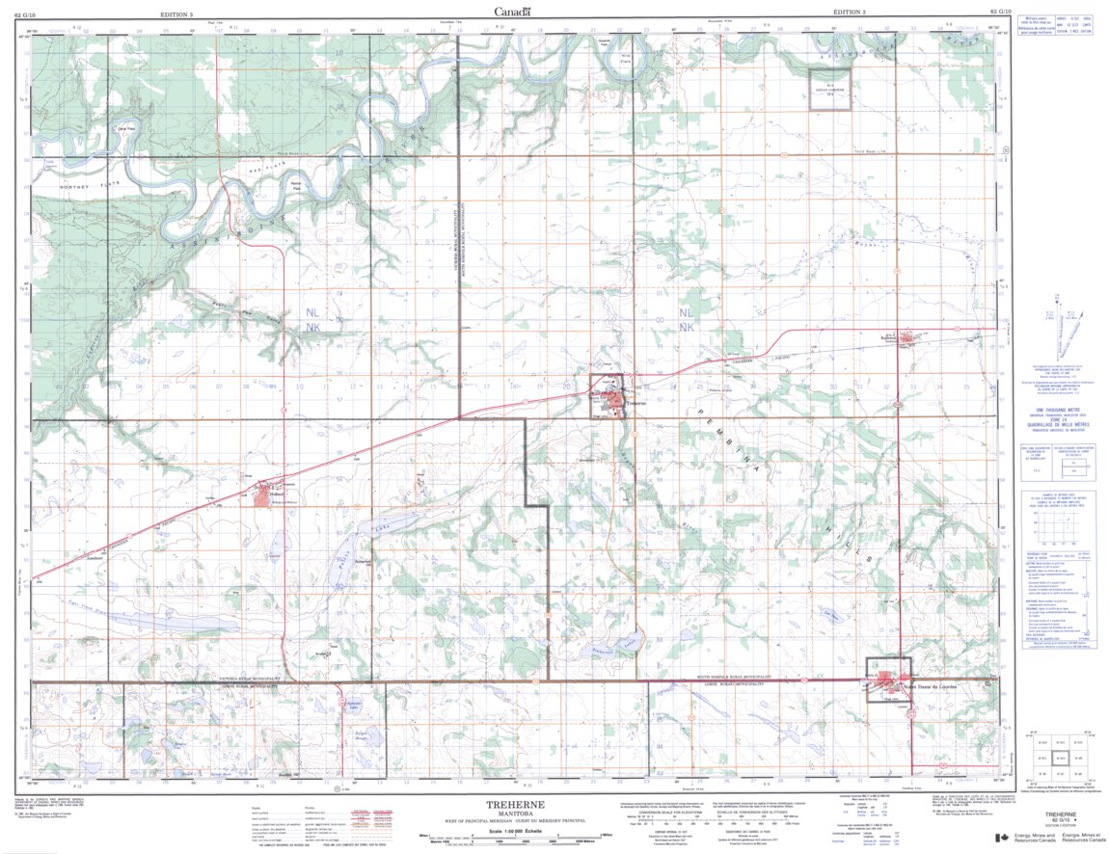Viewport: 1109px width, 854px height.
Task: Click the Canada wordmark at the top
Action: point(512,12)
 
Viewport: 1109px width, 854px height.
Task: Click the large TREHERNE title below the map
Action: point(522,805)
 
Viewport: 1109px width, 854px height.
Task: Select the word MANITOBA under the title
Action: point(522,814)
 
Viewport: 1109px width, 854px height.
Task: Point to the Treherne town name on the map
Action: point(635,403)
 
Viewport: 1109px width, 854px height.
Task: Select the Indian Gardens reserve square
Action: point(828,90)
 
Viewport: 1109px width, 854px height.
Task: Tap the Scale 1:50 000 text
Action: point(522,830)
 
